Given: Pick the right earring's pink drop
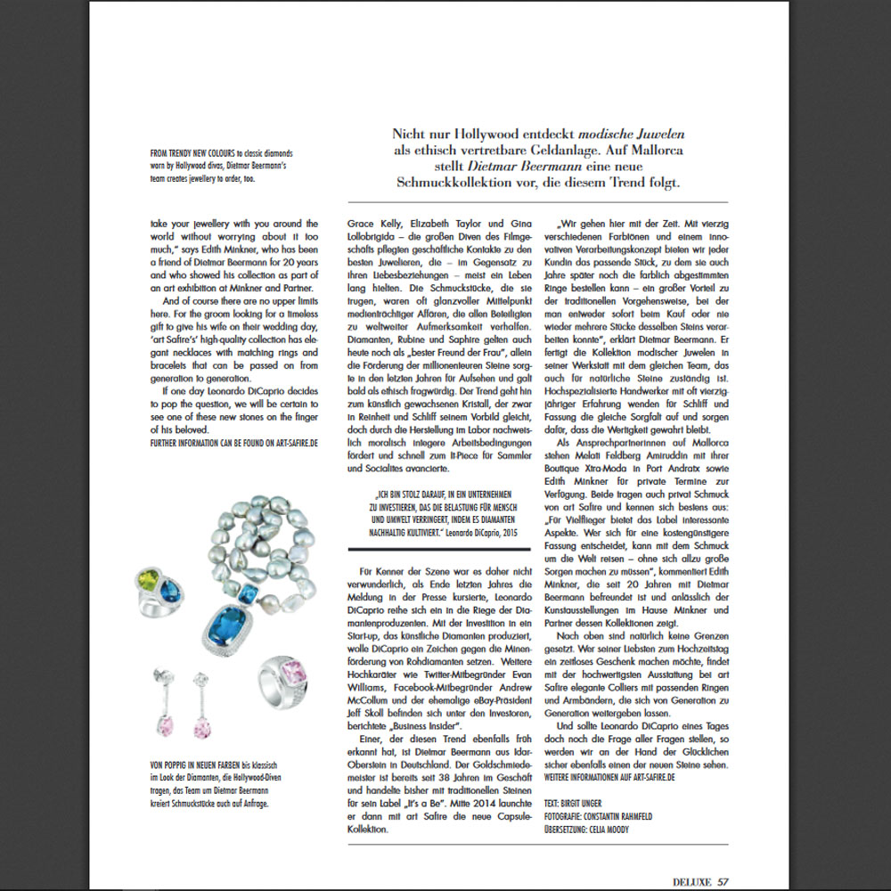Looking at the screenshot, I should (202, 729).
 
